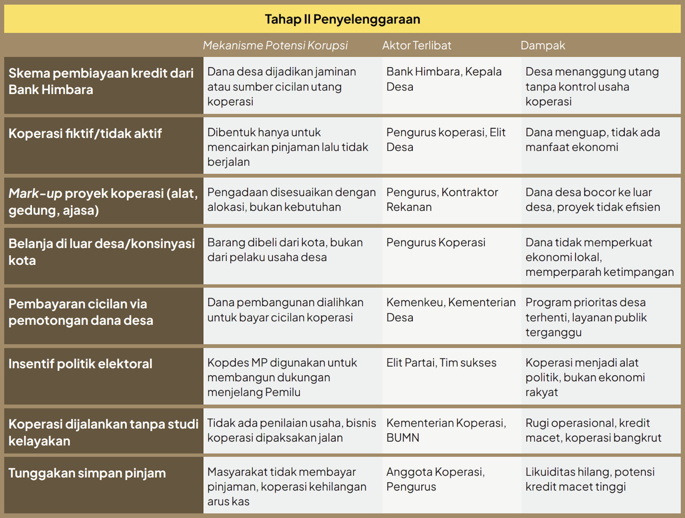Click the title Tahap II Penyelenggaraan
pyautogui.click(x=342, y=19)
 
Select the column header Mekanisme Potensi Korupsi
pyautogui.click(x=275, y=45)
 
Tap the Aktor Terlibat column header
pyautogui.click(x=417, y=45)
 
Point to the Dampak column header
pyautogui.click(x=543, y=45)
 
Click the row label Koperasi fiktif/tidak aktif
pyautogui.click(x=85, y=134)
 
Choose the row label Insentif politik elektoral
pyautogui.click(x=80, y=364)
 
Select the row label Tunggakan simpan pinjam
pyautogui.click(x=87, y=473)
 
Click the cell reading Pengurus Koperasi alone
pyautogui.click(x=436, y=243)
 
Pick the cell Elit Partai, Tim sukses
pyautogui.click(x=441, y=363)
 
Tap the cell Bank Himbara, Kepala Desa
pyautogui.click(x=444, y=79)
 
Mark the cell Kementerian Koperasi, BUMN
pyautogui.click(x=446, y=430)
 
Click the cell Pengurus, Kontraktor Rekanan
pyautogui.click(x=442, y=199)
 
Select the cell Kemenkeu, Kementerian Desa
pyautogui.click(x=451, y=310)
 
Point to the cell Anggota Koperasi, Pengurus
pyautogui.click(x=435, y=479)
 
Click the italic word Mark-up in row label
pyautogui.click(x=35, y=194)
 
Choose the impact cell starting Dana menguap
pyautogui.click(x=593, y=140)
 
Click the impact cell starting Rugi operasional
pyautogui.click(x=593, y=430)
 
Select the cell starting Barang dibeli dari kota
pyautogui.click(x=285, y=250)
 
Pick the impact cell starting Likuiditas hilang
pyautogui.click(x=590, y=479)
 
